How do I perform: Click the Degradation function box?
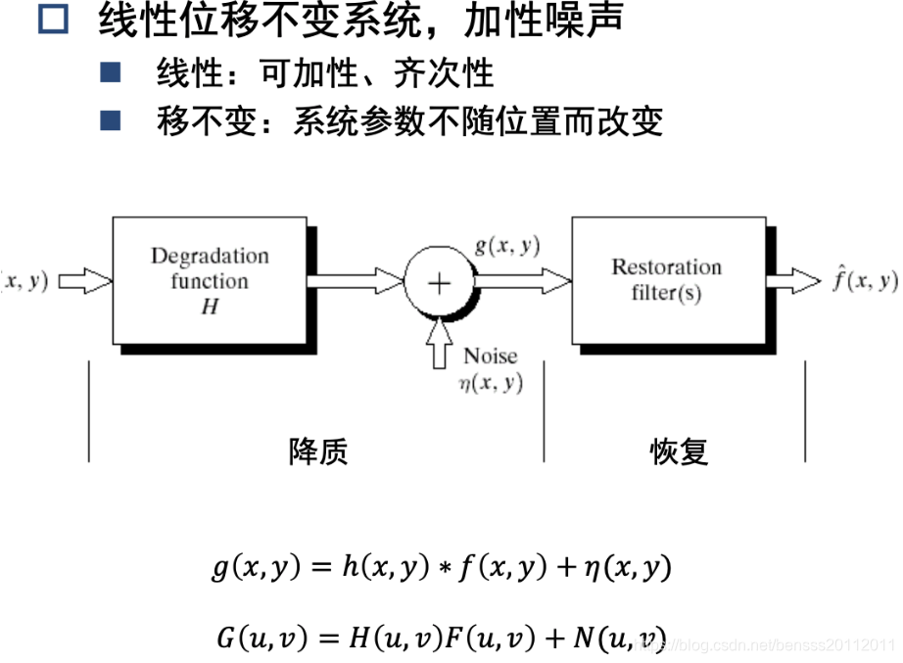pos(210,281)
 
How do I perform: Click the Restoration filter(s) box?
pos(666,280)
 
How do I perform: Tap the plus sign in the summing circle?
pos(440,282)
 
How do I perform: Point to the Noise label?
pos(490,356)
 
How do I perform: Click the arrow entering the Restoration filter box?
pos(524,282)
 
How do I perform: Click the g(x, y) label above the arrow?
pos(507,246)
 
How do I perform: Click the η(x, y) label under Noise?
pos(491,383)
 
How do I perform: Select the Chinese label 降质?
pos(318,451)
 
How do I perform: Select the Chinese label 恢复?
pos(679,451)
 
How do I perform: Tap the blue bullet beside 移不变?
pos(110,120)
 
